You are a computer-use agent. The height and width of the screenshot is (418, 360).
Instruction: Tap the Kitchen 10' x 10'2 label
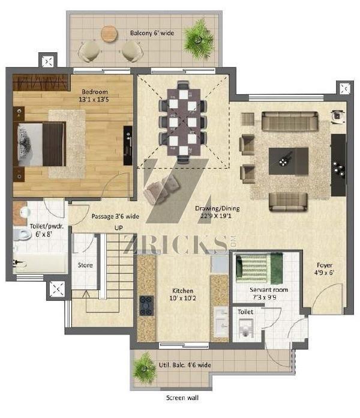(182, 294)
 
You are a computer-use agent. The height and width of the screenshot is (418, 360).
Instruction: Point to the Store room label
(85, 265)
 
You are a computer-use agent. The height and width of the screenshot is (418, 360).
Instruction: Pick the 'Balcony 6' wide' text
(152, 33)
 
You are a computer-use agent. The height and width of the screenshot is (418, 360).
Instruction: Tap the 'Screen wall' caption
(182, 398)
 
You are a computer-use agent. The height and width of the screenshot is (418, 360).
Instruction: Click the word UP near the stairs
(118, 228)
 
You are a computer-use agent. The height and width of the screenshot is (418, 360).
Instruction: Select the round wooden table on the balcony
(109, 34)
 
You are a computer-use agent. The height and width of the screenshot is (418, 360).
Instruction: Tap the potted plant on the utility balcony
(145, 368)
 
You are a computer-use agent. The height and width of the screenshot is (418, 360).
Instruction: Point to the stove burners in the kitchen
(146, 306)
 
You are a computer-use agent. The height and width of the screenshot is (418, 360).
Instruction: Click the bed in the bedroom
(40, 144)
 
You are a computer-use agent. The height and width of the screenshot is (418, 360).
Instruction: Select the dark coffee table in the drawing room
(289, 161)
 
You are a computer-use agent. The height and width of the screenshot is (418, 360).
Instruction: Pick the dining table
(184, 122)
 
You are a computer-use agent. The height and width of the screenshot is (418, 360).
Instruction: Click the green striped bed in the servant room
(259, 268)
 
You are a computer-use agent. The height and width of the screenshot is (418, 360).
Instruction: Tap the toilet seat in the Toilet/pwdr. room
(22, 235)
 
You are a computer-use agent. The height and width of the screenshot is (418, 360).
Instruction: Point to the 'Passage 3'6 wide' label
(115, 216)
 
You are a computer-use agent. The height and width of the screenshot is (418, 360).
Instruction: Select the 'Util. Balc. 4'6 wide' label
(185, 365)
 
